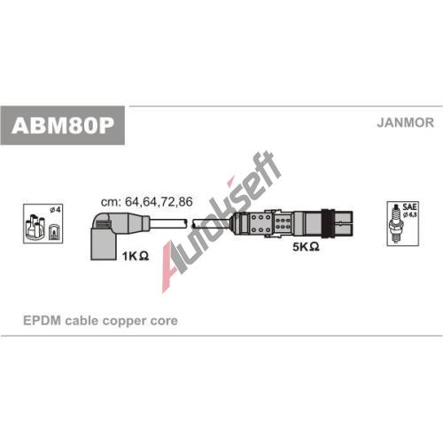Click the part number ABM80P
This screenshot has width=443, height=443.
[x=63, y=126]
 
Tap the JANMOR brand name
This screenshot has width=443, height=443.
[x=405, y=122]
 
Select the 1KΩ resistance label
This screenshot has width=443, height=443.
[x=136, y=256]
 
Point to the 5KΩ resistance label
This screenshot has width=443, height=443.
[x=306, y=246]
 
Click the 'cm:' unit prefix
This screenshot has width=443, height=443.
[x=111, y=202]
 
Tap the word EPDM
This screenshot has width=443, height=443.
[x=42, y=321]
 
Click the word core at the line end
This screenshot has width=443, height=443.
[x=164, y=322]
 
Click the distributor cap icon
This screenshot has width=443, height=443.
[x=35, y=228]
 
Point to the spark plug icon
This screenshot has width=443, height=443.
[x=396, y=223]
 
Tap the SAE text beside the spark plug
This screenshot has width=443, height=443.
[x=409, y=206]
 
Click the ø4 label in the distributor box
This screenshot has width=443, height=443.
[x=55, y=210]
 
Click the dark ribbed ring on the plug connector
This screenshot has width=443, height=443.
[x=328, y=224]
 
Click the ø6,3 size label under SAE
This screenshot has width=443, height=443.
[x=409, y=214]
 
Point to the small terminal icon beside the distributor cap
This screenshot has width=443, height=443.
[x=54, y=230]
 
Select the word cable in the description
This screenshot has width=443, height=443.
[x=82, y=321]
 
